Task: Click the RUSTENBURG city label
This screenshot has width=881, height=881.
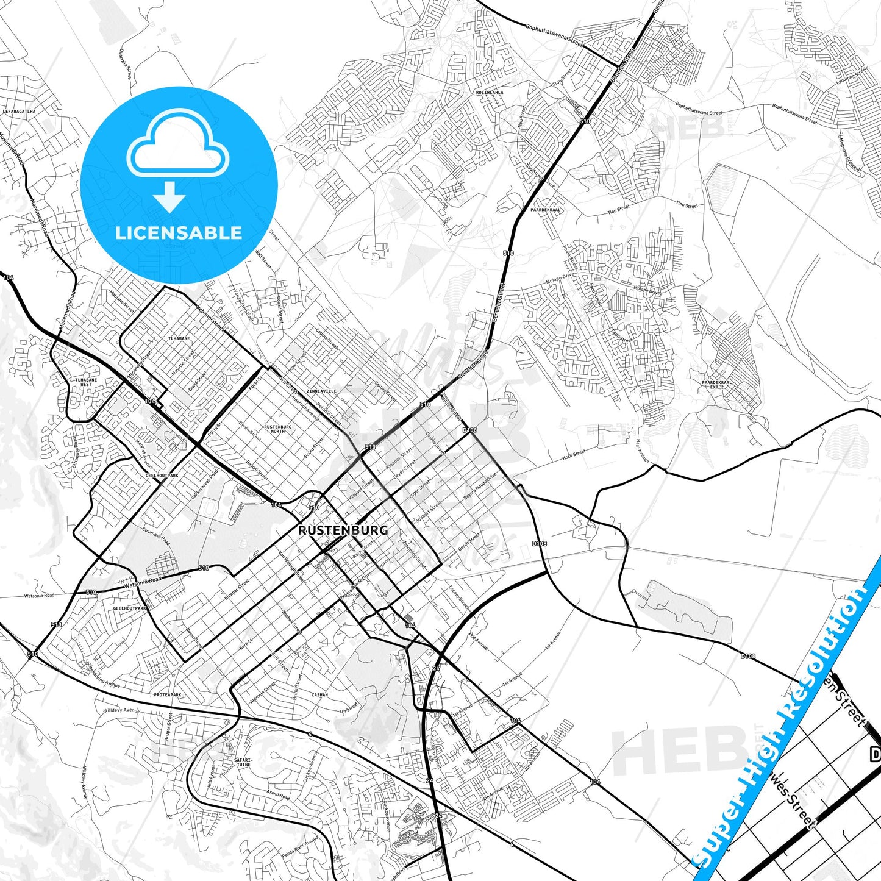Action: point(343,530)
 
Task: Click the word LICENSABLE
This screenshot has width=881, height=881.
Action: point(179,233)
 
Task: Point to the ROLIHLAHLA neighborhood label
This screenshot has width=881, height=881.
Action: point(490,92)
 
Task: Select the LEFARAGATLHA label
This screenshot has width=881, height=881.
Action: point(20,112)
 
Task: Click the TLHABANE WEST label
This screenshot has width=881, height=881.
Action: point(86,382)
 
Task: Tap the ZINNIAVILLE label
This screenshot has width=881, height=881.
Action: point(321,391)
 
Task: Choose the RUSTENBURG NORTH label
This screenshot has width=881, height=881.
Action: point(277,429)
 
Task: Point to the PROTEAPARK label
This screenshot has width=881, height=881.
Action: point(168,695)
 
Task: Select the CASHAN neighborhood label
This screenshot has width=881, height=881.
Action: point(319,695)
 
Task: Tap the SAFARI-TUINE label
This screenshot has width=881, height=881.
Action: point(243,762)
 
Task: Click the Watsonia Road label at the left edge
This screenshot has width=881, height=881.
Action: point(39,596)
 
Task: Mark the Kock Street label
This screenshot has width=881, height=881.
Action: point(574,454)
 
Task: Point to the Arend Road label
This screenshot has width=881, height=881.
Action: point(277,794)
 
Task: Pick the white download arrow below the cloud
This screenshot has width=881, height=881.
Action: point(169,196)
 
